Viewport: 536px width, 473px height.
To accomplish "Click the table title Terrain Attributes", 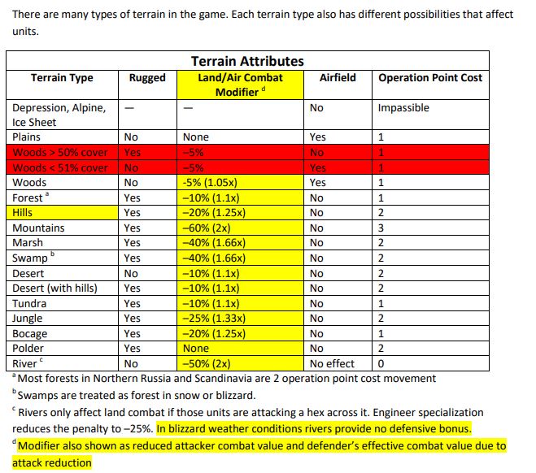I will pyautogui.click(x=247, y=61).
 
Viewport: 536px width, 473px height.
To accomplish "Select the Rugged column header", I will pyautogui.click(x=146, y=78).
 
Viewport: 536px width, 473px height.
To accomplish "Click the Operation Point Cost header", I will pyautogui.click(x=429, y=78).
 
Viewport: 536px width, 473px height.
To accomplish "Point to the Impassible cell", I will pyautogui.click(x=403, y=107).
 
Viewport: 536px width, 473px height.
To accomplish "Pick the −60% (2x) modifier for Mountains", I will pyautogui.click(x=210, y=228).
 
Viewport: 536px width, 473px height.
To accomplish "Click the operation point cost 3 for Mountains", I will pyautogui.click(x=381, y=228).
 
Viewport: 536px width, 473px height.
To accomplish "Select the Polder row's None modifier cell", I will pyautogui.click(x=196, y=349).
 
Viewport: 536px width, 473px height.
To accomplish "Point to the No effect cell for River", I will pyautogui.click(x=332, y=364).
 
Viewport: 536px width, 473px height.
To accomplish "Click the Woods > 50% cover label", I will pyautogui.click(x=60, y=153).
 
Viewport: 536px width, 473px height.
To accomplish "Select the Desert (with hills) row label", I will pyautogui.click(x=55, y=289).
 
